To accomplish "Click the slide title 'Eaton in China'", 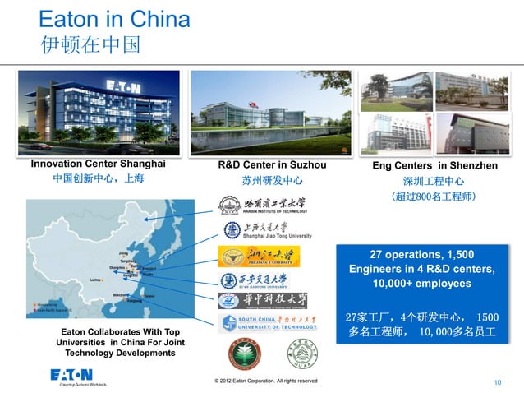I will tap(114, 18).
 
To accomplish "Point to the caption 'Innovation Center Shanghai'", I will tap(98, 164).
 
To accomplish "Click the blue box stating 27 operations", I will tap(421, 268).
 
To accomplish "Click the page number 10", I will tap(497, 383).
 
